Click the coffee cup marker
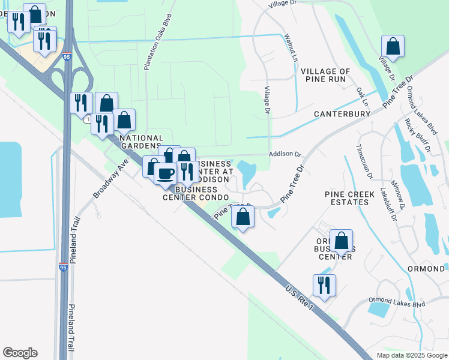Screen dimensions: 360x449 [x=166, y=173]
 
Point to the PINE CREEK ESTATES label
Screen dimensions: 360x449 [x=346, y=198]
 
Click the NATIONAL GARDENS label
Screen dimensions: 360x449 [x=142, y=142]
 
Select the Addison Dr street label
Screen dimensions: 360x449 [x=285, y=154]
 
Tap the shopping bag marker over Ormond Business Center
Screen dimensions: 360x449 [x=341, y=242]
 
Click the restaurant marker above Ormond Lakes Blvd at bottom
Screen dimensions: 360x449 [x=324, y=286]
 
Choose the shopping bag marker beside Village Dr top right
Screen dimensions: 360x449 [x=393, y=47]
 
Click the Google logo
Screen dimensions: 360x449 [x=20, y=353]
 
